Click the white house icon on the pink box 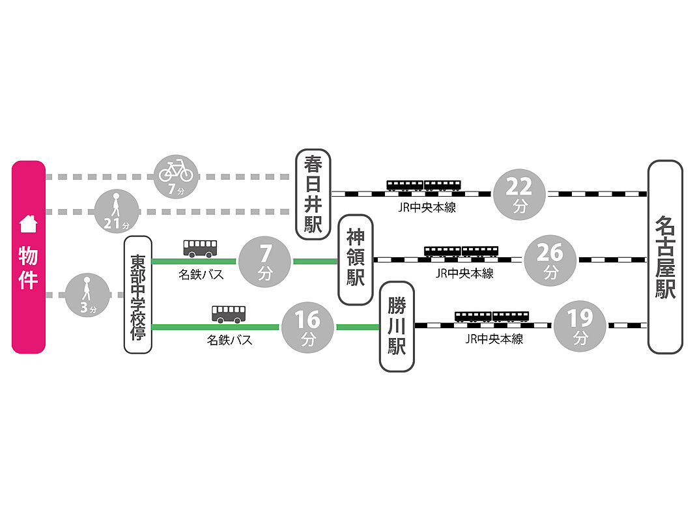29,224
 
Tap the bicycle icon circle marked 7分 176,175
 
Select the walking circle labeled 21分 117,211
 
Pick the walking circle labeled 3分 87,296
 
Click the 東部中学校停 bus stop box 137,294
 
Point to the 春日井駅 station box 313,193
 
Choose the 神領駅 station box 356,259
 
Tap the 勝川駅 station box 397,326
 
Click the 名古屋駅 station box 665,257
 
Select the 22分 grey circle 520,193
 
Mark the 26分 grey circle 550,259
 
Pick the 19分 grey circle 580,325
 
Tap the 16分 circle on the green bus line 307,326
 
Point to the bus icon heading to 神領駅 200,248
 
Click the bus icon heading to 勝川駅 229,314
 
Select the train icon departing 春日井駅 424,186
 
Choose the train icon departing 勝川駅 492,317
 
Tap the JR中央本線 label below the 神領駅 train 464,274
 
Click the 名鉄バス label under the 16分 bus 229,339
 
